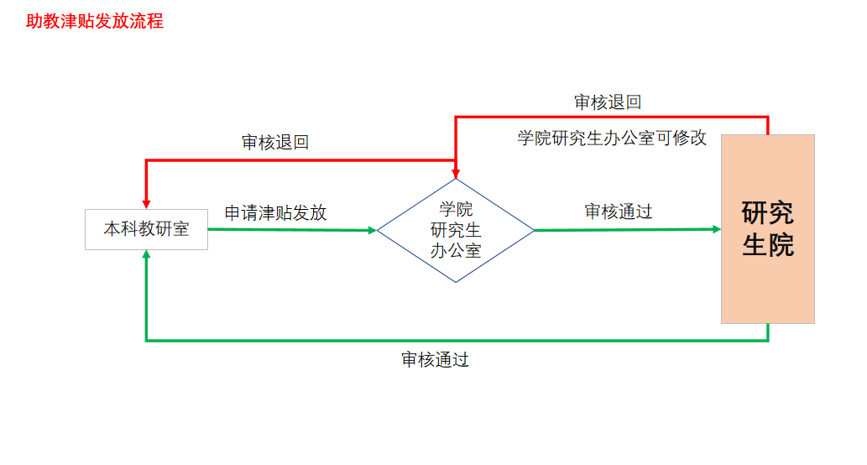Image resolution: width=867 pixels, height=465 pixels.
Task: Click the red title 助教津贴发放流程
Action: click(95, 22)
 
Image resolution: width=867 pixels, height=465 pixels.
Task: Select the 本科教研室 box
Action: click(146, 229)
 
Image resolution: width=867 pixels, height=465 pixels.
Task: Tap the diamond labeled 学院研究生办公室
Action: click(456, 230)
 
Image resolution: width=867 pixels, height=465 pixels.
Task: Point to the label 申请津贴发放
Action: click(275, 213)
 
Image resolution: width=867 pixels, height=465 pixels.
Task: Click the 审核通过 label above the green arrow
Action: click(619, 212)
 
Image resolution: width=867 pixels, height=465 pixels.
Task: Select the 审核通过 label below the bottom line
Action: click(435, 360)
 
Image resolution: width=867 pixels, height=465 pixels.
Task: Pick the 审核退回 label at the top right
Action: click(608, 102)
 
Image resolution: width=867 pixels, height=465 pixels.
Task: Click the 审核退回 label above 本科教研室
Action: click(275, 143)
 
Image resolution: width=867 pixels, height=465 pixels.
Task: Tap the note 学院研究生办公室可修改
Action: click(612, 138)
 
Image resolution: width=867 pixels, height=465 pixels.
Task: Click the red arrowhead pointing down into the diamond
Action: click(456, 172)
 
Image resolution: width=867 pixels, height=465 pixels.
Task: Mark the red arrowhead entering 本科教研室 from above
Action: click(147, 202)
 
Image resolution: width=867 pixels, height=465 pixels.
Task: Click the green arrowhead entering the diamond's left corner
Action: click(371, 230)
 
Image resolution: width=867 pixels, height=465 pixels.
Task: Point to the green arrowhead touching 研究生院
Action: click(715, 229)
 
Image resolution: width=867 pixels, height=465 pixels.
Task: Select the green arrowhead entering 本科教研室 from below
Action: click(147, 256)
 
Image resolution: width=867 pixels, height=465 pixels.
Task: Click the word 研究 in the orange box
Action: click(767, 212)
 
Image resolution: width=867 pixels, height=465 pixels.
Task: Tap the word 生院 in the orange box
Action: click(767, 246)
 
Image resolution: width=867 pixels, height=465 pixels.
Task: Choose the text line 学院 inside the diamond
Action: click(456, 210)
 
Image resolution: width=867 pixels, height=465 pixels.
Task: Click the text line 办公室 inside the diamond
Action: click(456, 250)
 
